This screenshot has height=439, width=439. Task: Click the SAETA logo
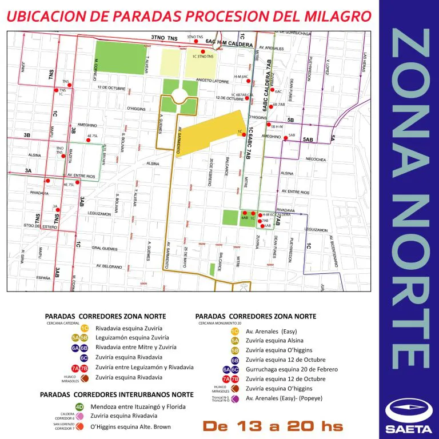(405, 416)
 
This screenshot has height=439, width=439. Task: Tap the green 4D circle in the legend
(79, 406)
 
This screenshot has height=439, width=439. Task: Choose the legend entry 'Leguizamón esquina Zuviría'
(129, 338)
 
